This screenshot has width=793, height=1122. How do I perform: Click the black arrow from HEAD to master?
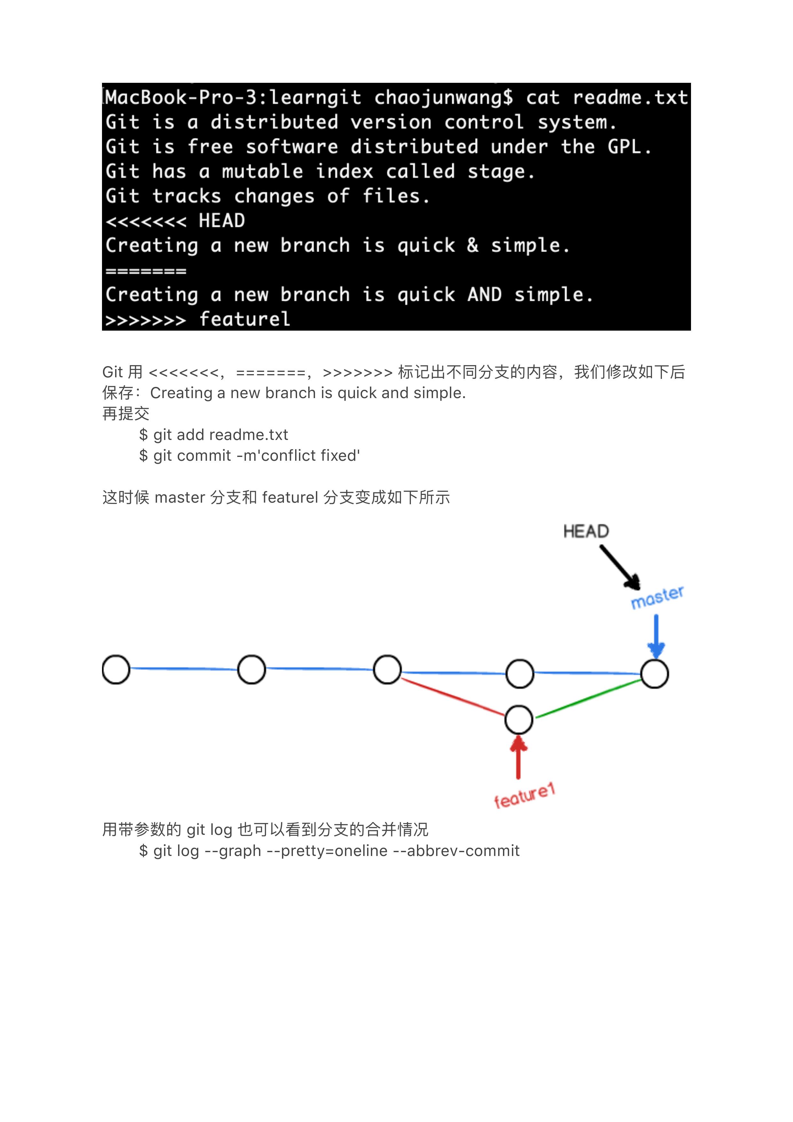point(620,567)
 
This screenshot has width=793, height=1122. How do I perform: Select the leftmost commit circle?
point(116,670)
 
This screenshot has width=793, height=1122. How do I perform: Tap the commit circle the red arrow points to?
point(518,720)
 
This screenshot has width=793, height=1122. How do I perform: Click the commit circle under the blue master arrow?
point(654,674)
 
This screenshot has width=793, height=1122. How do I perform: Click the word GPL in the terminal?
point(624,146)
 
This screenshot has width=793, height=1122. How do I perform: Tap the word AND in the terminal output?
point(484,295)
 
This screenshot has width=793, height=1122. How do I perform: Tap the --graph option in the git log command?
point(232,851)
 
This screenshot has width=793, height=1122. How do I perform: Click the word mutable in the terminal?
point(263,171)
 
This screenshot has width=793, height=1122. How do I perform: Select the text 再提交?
point(126,414)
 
